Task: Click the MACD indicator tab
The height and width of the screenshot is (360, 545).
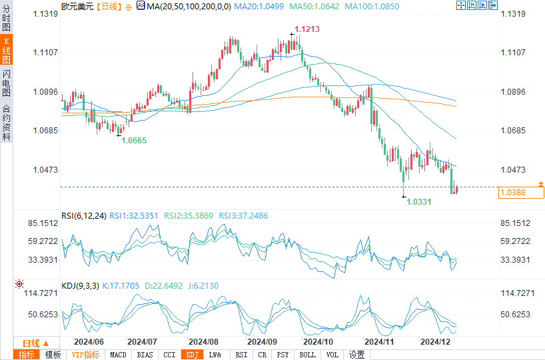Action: pos(118,355)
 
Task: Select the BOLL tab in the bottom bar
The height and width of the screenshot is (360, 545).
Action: pos(307,355)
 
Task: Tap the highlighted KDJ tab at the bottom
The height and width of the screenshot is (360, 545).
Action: pos(193,355)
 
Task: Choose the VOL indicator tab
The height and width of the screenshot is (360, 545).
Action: pos(332,355)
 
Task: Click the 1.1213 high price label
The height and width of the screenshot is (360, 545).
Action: pos(307,29)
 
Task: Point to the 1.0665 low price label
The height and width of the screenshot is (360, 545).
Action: pos(134,141)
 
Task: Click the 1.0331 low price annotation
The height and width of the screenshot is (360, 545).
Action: pos(420,201)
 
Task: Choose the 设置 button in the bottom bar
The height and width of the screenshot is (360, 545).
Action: pos(356,355)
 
